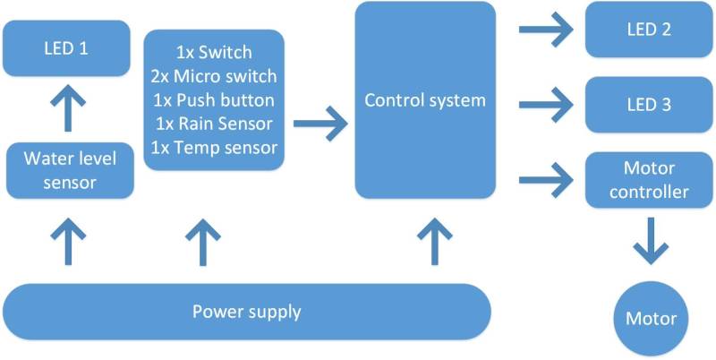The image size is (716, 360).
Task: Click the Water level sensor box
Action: pyautogui.click(x=70, y=171)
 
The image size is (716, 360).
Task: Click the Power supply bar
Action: pyautogui.click(x=247, y=313)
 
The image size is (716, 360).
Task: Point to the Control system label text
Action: pyautogui.click(x=425, y=99)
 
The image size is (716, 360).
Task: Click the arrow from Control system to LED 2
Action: pyautogui.click(x=546, y=30)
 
